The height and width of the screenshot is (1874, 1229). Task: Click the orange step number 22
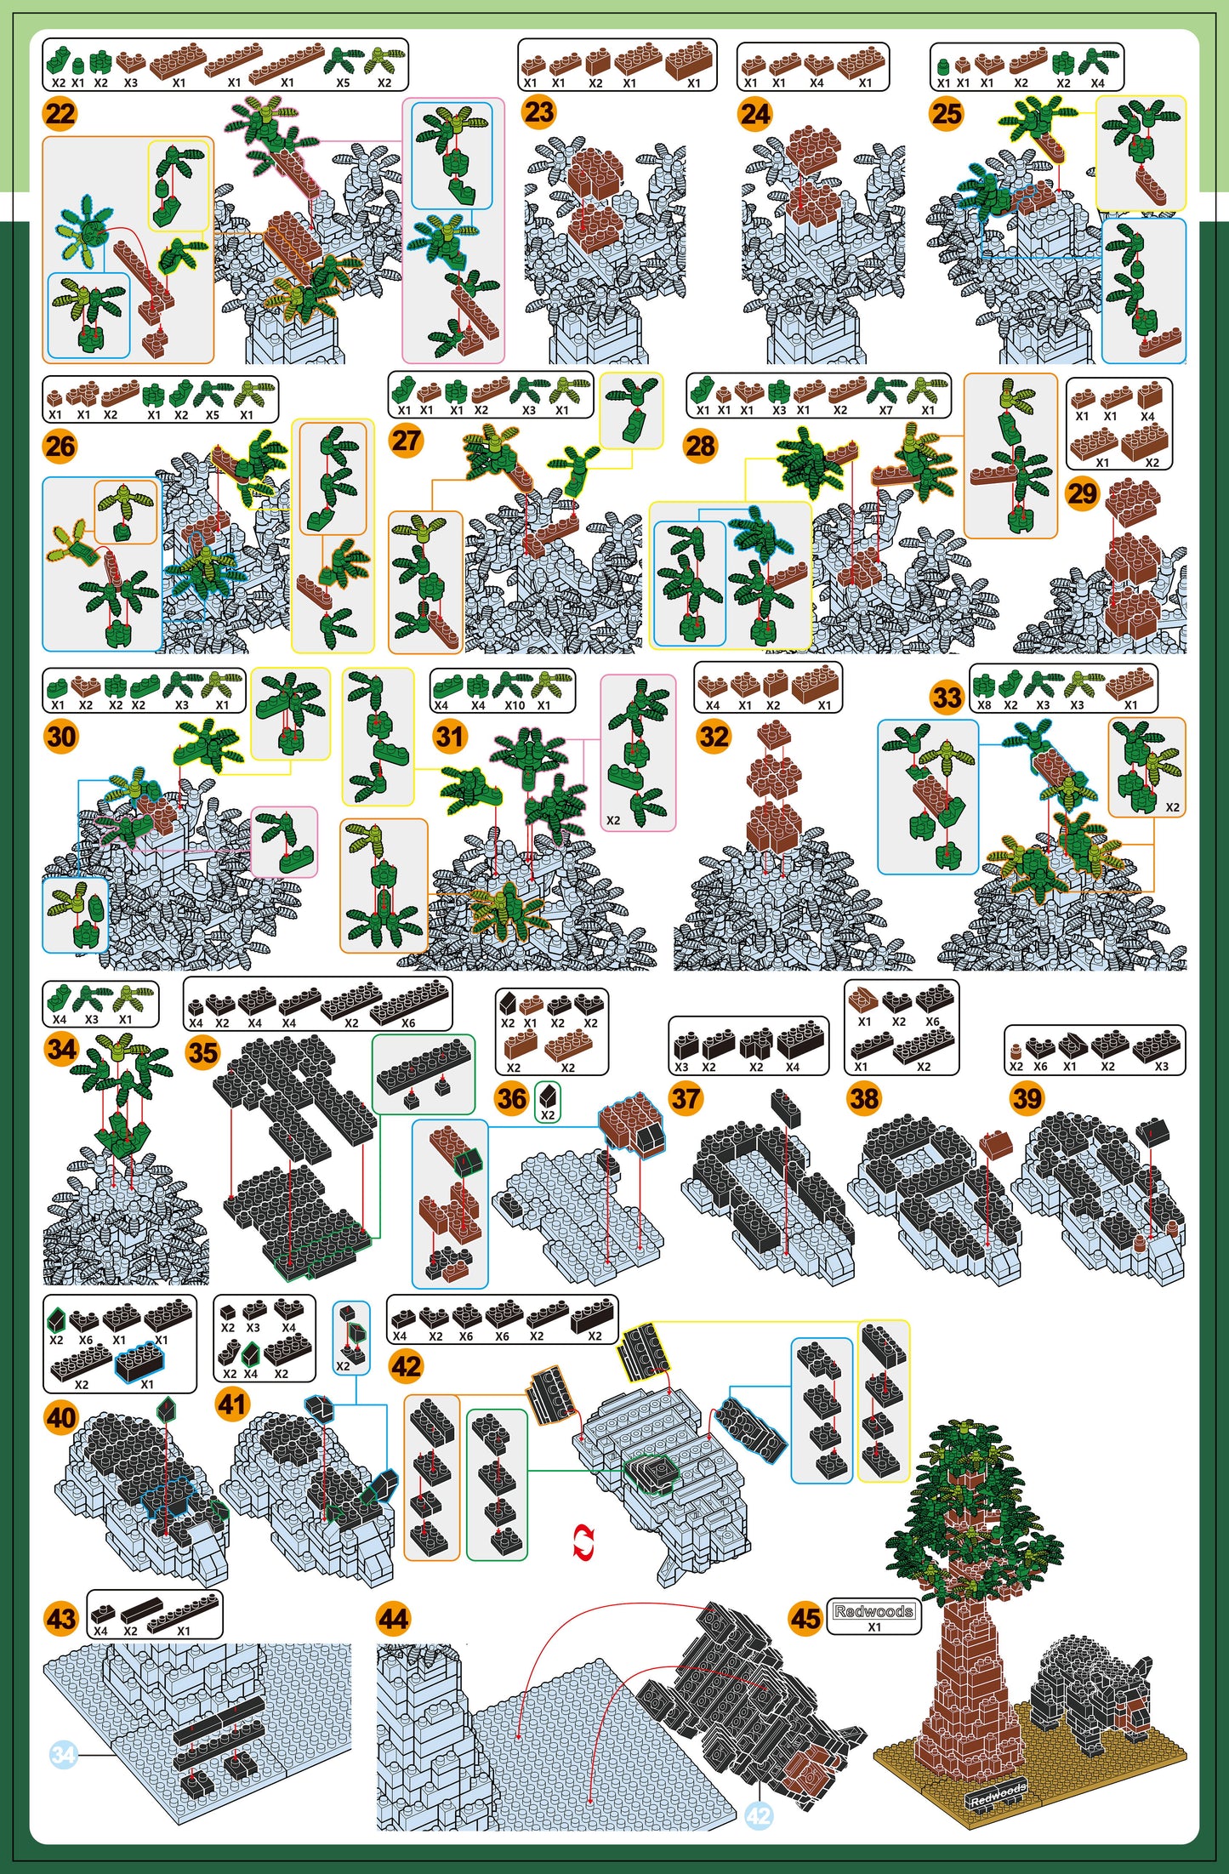coord(60,113)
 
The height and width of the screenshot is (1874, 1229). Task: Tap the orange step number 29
coord(1082,493)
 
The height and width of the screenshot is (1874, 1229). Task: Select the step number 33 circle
coord(947,698)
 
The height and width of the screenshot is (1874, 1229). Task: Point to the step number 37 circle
coord(686,1098)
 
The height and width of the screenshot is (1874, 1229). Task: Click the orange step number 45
coord(805,1617)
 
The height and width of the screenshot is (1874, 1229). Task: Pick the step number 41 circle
coord(232,1404)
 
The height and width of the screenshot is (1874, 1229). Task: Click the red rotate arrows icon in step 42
coord(583,1543)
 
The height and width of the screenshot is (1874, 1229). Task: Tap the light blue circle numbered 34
coord(65,1754)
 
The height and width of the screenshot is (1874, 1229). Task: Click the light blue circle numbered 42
coord(759,1816)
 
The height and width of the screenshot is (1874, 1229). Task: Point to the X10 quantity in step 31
coord(515,705)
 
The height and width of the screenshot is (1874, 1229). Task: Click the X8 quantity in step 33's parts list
coord(984,705)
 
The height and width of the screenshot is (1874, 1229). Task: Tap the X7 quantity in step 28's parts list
coord(885,410)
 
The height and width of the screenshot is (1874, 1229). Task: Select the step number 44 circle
coord(393,1617)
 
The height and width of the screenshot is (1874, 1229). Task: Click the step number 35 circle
coord(202,1052)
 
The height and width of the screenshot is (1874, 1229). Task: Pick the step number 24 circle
coord(754,113)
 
